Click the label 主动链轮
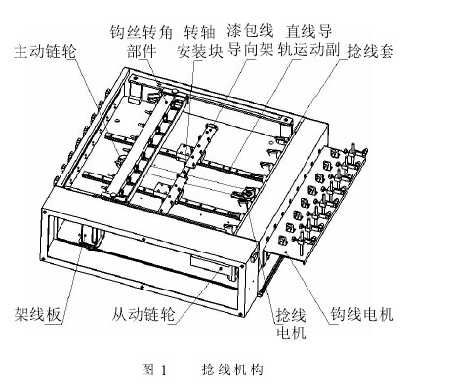click(x=47, y=48)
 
